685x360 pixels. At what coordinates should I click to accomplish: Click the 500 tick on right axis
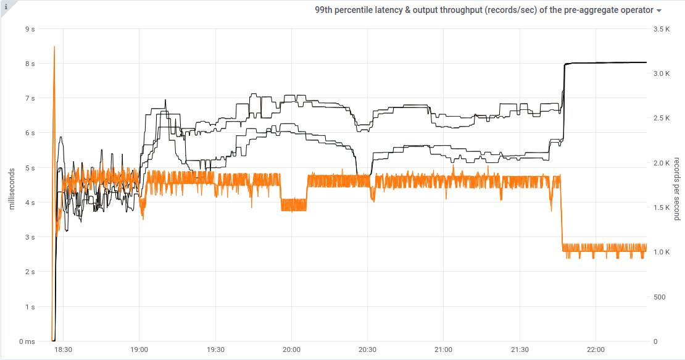(x=659, y=297)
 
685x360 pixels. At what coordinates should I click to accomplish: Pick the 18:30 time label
(x=64, y=350)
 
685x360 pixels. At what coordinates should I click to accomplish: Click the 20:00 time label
(x=291, y=350)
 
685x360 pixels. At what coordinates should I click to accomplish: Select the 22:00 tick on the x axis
(x=596, y=350)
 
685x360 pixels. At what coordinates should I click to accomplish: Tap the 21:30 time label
(x=520, y=350)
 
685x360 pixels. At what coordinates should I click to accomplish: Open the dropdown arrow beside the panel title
(x=659, y=11)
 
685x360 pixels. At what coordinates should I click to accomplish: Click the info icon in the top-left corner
(x=6, y=6)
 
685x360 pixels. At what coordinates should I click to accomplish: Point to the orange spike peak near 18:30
(x=55, y=47)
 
